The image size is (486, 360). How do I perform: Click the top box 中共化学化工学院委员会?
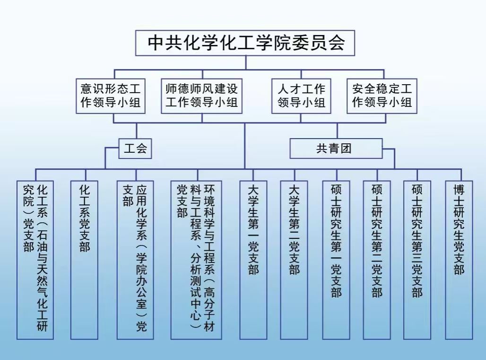(x=245, y=43)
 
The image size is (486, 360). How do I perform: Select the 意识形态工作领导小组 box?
(x=111, y=96)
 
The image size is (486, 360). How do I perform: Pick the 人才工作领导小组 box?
(x=301, y=96)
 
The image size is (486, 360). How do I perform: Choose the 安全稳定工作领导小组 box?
(x=382, y=96)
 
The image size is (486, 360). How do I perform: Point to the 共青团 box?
(x=336, y=149)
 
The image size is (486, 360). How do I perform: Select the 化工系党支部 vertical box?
(x=84, y=260)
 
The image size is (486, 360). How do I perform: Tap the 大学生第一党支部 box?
(x=253, y=260)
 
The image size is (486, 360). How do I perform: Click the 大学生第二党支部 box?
(x=294, y=260)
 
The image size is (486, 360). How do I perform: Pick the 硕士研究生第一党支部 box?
(x=336, y=260)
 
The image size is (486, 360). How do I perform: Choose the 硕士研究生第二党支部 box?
(x=377, y=260)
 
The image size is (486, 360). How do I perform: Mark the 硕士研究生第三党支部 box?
(x=417, y=260)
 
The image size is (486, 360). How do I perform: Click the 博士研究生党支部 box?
(x=459, y=260)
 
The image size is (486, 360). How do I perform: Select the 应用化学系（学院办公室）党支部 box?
(x=135, y=260)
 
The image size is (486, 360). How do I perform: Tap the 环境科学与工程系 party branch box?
(x=196, y=260)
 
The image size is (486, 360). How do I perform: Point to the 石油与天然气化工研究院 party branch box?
(x=35, y=260)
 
